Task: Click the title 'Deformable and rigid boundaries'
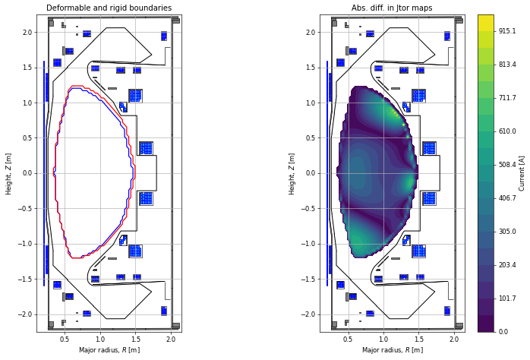click(109, 8)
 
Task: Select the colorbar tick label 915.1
click(507, 31)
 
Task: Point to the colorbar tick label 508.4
click(507, 164)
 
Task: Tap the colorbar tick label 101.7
click(507, 298)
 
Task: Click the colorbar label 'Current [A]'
click(522, 173)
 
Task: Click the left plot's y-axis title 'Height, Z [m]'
click(9, 173)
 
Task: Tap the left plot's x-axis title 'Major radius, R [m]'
click(109, 350)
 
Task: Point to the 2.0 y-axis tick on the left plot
click(27, 32)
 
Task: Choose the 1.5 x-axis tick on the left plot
click(135, 339)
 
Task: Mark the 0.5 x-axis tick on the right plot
click(348, 339)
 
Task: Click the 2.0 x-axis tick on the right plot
click(454, 339)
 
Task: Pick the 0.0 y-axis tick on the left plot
click(27, 173)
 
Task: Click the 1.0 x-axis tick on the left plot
click(100, 339)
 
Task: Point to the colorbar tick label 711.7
click(507, 98)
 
